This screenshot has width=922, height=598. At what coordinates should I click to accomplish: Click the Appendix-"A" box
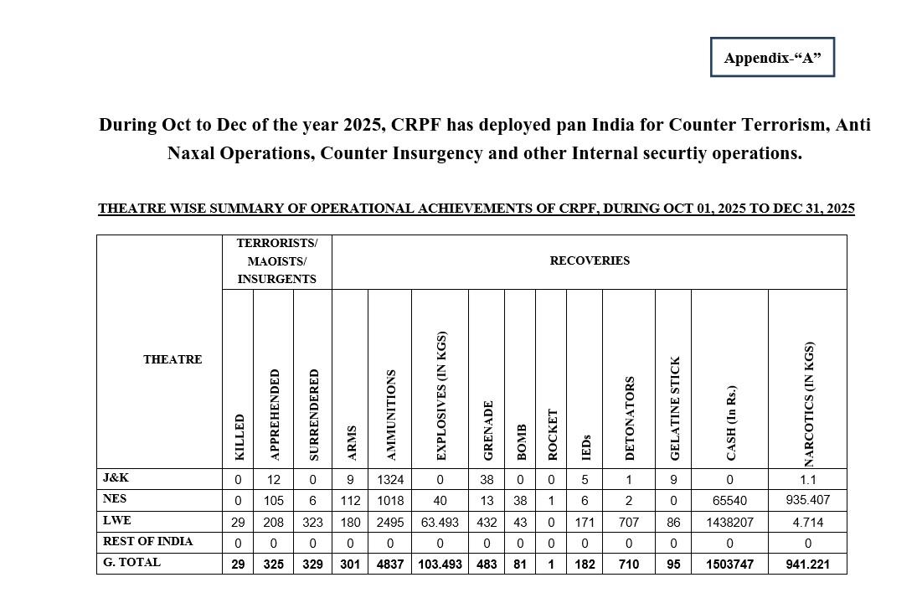pyautogui.click(x=772, y=58)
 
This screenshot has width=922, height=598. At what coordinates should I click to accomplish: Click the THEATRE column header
pyautogui.click(x=173, y=359)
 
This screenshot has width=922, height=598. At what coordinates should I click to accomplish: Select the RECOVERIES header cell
pyautogui.click(x=590, y=260)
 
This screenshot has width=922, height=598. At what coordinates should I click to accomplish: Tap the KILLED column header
pyautogui.click(x=240, y=436)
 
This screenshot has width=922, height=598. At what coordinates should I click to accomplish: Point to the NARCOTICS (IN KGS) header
pyautogui.click(x=808, y=404)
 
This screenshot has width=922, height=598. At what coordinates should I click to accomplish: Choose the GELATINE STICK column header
pyautogui.click(x=675, y=408)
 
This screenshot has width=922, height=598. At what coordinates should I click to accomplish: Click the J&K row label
pyautogui.click(x=116, y=478)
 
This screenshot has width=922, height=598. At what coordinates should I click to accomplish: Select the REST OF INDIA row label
pyautogui.click(x=147, y=541)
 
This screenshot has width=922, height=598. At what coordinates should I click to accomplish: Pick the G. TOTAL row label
pyautogui.click(x=131, y=563)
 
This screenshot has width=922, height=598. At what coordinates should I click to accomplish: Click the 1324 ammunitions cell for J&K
pyautogui.click(x=390, y=480)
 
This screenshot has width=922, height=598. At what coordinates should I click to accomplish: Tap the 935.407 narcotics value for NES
pyautogui.click(x=808, y=501)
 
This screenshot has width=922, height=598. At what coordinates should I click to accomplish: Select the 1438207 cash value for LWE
pyautogui.click(x=730, y=522)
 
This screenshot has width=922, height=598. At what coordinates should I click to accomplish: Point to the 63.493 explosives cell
pyautogui.click(x=440, y=522)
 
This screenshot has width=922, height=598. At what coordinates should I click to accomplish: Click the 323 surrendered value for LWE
pyautogui.click(x=313, y=522)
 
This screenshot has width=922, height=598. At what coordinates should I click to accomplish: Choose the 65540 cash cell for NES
pyautogui.click(x=730, y=501)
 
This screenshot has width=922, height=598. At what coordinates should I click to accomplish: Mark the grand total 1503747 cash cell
pyautogui.click(x=730, y=564)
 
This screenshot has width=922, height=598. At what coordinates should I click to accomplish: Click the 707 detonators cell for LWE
pyautogui.click(x=630, y=522)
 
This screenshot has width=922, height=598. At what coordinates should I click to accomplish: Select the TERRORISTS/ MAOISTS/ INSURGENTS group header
pyautogui.click(x=276, y=260)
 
